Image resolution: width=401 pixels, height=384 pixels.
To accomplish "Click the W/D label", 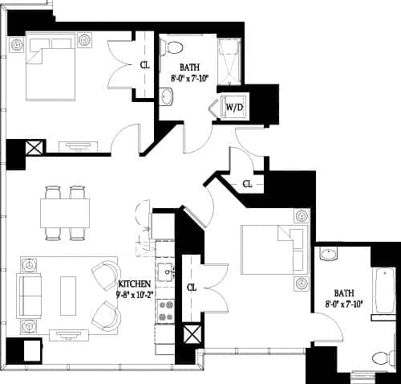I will coord(234,106).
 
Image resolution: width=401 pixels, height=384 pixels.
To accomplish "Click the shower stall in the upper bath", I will coord(229,60).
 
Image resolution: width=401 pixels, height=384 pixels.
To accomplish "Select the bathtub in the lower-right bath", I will coord(383,294).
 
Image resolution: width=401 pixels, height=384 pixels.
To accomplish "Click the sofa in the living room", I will coord(31,293).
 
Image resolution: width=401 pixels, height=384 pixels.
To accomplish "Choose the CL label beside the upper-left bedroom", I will coord(145,65).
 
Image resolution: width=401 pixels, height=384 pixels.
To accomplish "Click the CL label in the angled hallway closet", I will coord(247,184).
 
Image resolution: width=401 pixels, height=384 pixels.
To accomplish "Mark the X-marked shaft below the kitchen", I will coord(191,335).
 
